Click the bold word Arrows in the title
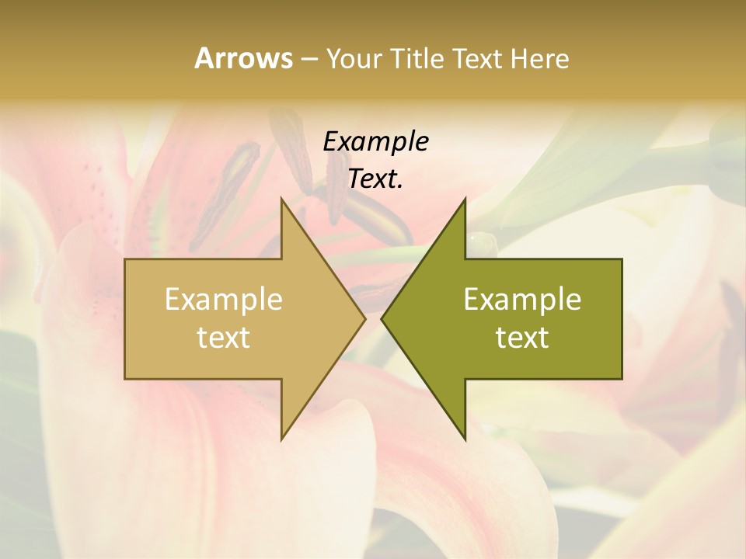point(243,58)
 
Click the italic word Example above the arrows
point(375,141)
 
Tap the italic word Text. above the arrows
point(375,179)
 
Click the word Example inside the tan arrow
point(224,300)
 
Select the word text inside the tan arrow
point(224,337)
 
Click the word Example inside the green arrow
point(522,300)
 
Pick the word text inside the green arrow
point(522,337)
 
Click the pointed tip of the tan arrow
point(365,318)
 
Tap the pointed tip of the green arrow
point(382,318)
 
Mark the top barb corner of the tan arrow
point(281,199)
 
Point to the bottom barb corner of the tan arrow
point(281,439)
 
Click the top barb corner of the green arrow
point(465,199)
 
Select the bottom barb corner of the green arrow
point(465,439)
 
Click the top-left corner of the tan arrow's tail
point(125,259)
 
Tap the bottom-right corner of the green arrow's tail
point(622,379)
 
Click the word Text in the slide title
point(478,58)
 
